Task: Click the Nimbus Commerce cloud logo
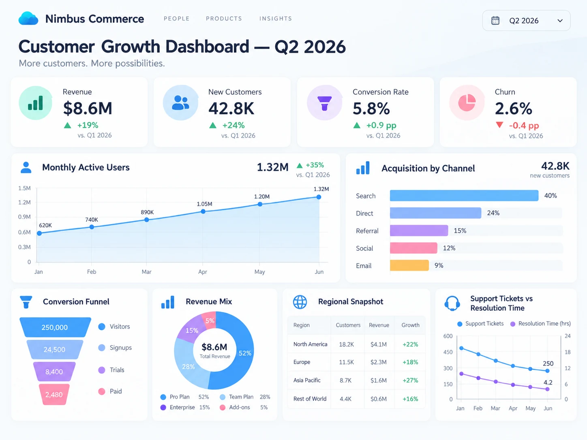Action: point(28,18)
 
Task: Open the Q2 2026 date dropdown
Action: point(526,21)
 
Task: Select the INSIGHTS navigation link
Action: point(275,19)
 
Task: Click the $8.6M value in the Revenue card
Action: point(88,108)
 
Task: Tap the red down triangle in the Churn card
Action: point(499,125)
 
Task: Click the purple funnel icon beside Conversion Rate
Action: point(324,103)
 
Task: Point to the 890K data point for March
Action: point(147,220)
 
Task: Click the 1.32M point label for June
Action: point(321,189)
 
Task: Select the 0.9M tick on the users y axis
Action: point(24,217)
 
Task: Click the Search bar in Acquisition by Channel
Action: point(464,196)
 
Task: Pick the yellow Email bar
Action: point(409,265)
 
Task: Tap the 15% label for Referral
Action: point(460,231)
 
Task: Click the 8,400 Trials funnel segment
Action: point(54,372)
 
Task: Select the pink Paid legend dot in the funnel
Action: point(102,391)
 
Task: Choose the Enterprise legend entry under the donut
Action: point(185,408)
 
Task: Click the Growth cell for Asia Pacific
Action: point(410,380)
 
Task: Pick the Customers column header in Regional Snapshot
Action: point(348,325)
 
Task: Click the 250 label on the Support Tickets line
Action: point(548,363)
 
